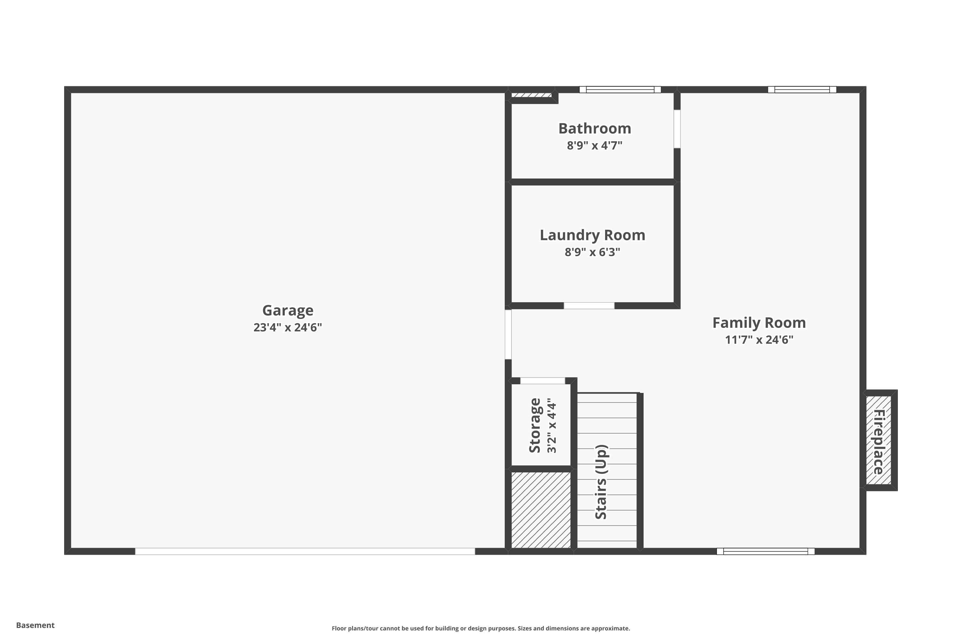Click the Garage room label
tap(288, 311)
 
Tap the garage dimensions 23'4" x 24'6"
tap(288, 328)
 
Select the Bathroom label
tap(595, 129)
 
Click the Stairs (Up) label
tap(601, 482)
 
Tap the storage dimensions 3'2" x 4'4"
tap(552, 426)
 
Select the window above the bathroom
tap(620, 89)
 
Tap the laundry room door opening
tap(589, 306)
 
